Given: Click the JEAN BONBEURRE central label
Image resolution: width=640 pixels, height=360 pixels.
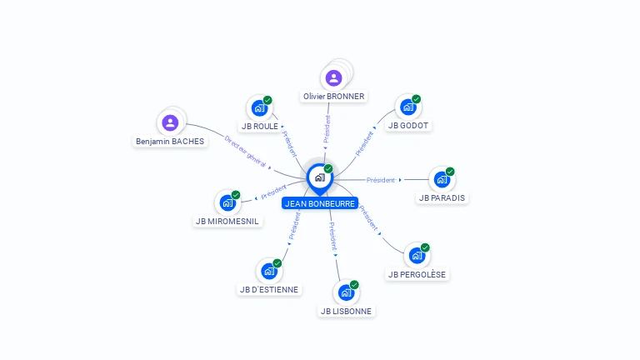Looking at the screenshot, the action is tap(320, 203).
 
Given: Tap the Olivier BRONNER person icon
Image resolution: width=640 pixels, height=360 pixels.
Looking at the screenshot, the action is tap(334, 78).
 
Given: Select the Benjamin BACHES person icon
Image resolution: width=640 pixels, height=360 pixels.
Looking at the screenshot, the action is tap(171, 123).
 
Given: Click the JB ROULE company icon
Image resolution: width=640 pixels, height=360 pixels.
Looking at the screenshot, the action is tap(259, 108).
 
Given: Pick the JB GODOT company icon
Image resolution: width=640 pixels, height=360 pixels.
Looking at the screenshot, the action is tap(407, 107).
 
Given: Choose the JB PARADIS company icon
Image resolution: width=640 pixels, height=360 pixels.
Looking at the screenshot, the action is tap(442, 179).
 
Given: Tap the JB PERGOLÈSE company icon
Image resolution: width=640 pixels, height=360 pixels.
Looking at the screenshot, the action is tap(416, 256).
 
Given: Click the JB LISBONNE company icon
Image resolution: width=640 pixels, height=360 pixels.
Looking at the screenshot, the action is tap(346, 292).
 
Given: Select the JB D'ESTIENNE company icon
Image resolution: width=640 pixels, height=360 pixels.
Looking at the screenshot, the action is tap(268, 271).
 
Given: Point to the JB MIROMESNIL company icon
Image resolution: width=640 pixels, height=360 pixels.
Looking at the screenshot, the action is tap(227, 202).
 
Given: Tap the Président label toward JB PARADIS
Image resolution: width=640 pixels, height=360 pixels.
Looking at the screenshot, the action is tap(381, 180).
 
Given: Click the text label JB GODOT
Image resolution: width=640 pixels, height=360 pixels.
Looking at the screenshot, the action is tap(408, 126).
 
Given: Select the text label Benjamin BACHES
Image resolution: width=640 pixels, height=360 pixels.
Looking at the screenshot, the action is tap(170, 142).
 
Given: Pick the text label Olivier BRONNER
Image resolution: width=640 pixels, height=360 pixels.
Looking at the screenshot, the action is tap(333, 97).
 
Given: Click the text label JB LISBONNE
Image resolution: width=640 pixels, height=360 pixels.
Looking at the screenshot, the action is tap(347, 312).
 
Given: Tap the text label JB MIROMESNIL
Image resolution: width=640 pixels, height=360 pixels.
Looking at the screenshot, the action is tap(227, 222).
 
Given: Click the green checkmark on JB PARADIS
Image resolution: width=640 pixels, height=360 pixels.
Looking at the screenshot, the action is tap(450, 172).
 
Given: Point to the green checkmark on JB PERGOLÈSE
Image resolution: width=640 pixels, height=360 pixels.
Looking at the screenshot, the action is tap(425, 247).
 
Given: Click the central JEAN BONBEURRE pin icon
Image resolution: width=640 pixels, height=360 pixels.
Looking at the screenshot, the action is tap(319, 177).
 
